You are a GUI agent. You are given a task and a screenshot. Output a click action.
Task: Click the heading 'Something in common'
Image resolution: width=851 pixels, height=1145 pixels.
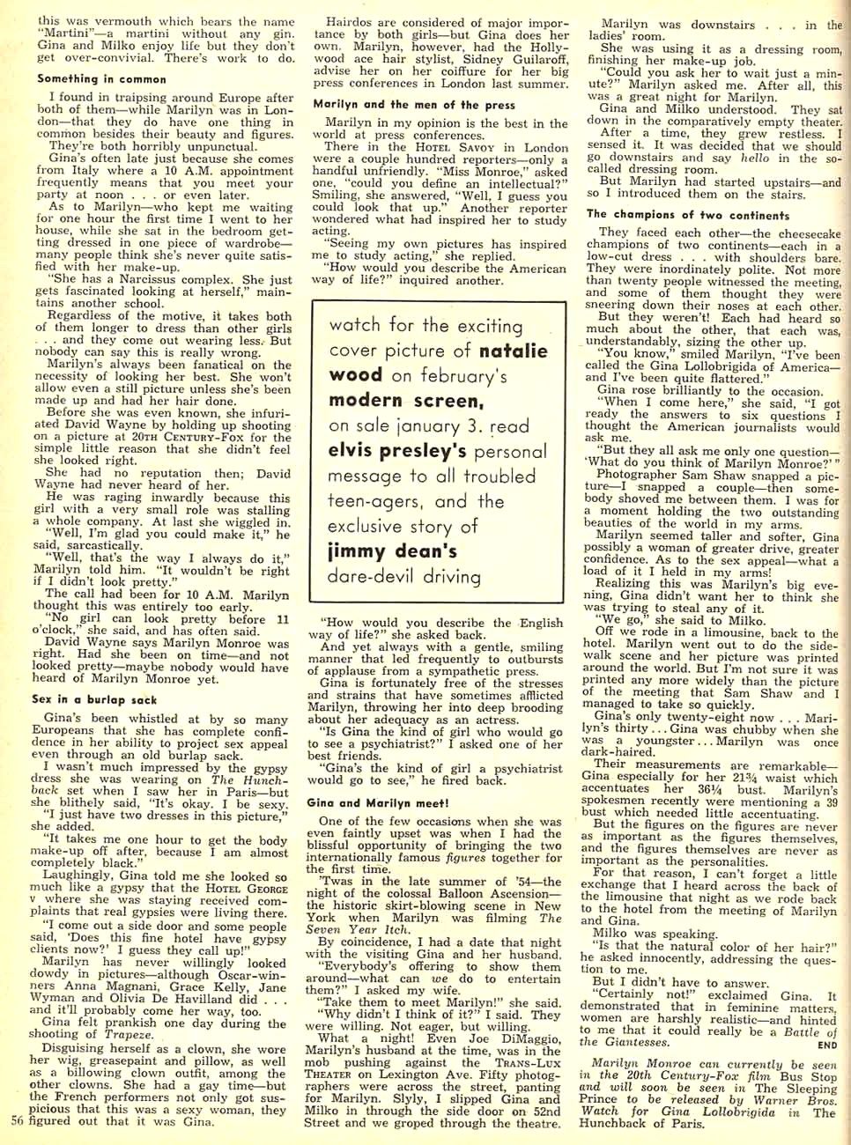pos(101,79)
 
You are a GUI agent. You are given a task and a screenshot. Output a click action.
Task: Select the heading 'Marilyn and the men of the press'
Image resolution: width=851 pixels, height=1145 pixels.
pos(414,104)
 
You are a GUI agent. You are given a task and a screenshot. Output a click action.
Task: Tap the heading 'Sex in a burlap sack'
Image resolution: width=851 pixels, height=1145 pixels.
pos(94,699)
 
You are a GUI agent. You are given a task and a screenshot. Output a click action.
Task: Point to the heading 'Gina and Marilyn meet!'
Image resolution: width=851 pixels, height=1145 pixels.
pos(377,802)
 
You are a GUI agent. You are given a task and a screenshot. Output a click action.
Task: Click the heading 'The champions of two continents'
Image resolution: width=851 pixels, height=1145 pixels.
pos(688,214)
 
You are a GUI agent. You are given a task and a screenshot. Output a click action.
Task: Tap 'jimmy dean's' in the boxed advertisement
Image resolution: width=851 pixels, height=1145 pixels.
pos(392,551)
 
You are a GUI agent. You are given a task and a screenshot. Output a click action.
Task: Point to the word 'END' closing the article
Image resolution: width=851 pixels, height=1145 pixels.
pos(827,1045)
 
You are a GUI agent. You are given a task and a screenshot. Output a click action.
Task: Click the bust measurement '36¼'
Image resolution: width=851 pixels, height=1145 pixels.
pos(707,789)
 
